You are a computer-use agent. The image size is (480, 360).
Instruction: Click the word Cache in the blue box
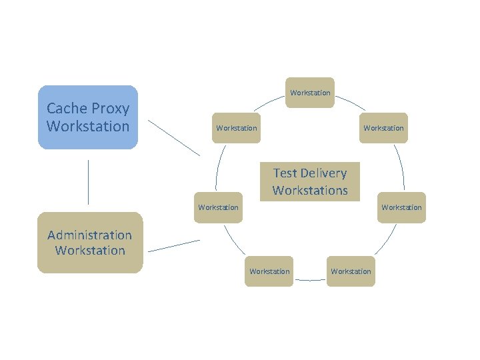tap(68, 108)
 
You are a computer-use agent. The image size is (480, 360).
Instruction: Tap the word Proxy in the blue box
tap(111, 109)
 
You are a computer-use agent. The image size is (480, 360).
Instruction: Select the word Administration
tap(89, 235)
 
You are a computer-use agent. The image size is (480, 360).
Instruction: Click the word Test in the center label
tap(285, 173)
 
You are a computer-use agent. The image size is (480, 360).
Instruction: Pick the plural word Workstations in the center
tap(310, 191)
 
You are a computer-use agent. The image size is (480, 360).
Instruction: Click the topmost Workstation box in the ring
tap(310, 93)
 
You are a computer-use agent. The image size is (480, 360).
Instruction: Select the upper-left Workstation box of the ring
tap(236, 128)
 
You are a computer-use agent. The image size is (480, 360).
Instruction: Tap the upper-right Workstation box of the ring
tap(383, 128)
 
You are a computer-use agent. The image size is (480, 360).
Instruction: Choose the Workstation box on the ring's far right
tap(401, 207)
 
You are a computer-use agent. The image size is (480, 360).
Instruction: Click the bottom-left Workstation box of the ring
tap(269, 271)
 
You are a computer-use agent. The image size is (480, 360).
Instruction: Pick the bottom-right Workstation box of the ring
tap(351, 271)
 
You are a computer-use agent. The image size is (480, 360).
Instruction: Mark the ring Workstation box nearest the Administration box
tap(218, 207)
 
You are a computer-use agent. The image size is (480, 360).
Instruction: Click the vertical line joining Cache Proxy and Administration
tap(88, 181)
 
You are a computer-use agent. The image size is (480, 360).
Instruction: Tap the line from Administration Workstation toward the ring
tap(173, 245)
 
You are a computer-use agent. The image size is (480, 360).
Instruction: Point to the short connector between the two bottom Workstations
tap(310, 280)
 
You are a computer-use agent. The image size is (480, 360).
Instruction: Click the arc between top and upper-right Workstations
tap(350, 103)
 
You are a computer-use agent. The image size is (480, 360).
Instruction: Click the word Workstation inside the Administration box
tap(89, 251)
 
